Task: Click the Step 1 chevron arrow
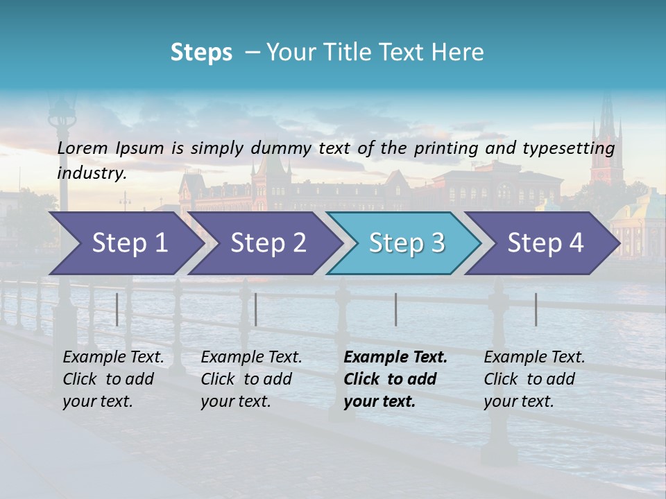(x=125, y=243)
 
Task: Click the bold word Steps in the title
(x=201, y=53)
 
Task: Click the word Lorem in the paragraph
(x=81, y=148)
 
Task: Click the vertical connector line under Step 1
(x=117, y=309)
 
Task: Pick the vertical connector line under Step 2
(x=256, y=309)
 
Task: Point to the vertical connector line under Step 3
(x=396, y=309)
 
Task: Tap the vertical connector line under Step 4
(x=536, y=309)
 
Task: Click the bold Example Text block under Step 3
(x=395, y=379)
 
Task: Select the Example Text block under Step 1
(x=113, y=379)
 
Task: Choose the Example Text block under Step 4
(x=534, y=379)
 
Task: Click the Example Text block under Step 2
(x=251, y=379)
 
